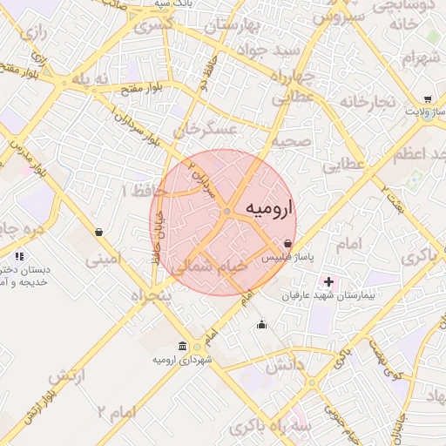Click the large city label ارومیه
(271, 209)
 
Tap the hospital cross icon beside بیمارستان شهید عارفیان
(328, 281)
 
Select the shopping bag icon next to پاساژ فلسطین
(288, 245)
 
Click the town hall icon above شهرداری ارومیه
(182, 346)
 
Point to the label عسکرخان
(206, 131)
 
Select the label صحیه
(289, 140)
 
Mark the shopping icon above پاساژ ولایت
(426, 99)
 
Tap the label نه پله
(92, 79)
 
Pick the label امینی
(105, 259)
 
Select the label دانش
(284, 367)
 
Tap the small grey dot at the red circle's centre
(226, 212)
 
